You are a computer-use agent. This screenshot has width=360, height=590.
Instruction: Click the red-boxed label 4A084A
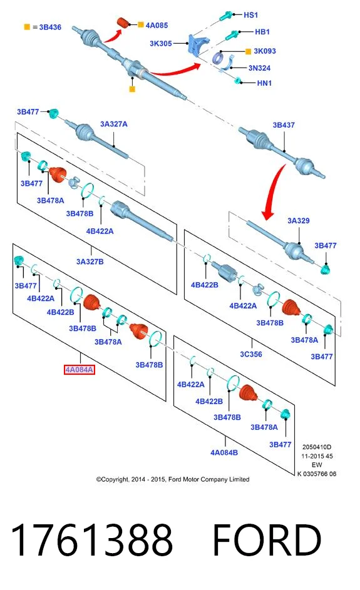pyautogui.click(x=79, y=370)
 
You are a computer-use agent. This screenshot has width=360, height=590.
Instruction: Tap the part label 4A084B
pyautogui.click(x=224, y=452)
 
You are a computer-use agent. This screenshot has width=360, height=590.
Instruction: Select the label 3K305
pyautogui.click(x=161, y=43)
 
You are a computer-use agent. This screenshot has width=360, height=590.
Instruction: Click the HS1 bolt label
pyautogui.click(x=251, y=14)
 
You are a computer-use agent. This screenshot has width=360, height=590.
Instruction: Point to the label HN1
pyautogui.click(x=264, y=83)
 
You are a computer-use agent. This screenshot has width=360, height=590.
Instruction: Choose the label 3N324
pyautogui.click(x=259, y=68)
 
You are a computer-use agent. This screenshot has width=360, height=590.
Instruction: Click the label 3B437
pyautogui.click(x=284, y=125)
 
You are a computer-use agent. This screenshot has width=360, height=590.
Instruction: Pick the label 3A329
pyautogui.click(x=299, y=220)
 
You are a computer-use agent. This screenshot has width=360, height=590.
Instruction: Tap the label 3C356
pyautogui.click(x=251, y=354)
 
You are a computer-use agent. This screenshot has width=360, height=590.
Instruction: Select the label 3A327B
pyautogui.click(x=90, y=262)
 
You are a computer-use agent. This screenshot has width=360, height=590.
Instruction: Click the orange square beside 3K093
pyautogui.click(x=248, y=51)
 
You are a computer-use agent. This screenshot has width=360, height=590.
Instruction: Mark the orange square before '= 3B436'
pyautogui.click(x=27, y=27)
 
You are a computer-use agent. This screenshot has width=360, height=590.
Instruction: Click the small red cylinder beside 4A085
pyautogui.click(x=123, y=22)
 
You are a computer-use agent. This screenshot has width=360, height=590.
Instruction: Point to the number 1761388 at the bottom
pyautogui.click(x=92, y=539)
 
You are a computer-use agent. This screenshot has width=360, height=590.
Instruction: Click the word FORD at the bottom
pyautogui.click(x=267, y=539)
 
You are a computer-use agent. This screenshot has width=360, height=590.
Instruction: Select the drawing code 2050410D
pyautogui.click(x=317, y=447)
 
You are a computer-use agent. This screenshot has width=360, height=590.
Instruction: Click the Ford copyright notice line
pyautogui.click(x=173, y=479)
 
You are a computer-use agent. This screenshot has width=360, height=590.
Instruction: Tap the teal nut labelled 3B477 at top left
pyautogui.click(x=53, y=113)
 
